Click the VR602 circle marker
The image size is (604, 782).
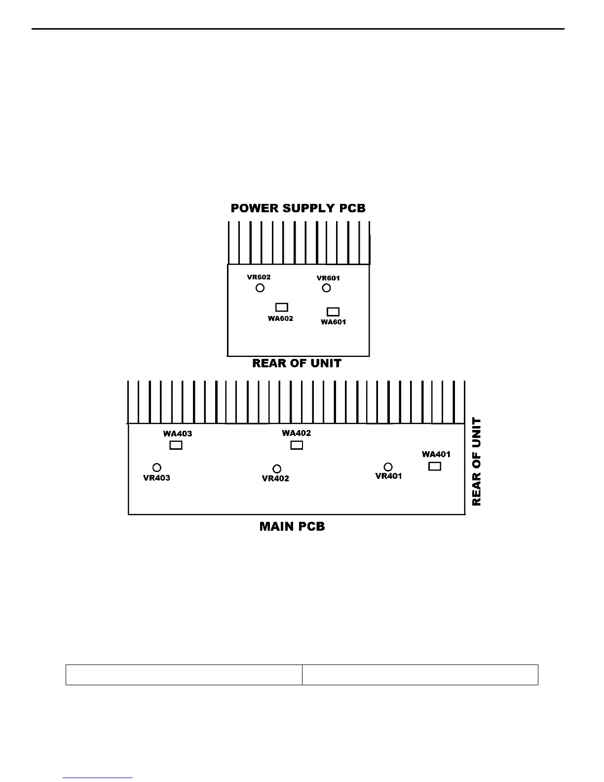pos(260,288)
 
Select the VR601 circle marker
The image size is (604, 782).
pos(326,288)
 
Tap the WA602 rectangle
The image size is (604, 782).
pos(281,307)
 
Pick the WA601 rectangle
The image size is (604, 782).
pos(333,312)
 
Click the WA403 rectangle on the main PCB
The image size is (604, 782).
pos(176,445)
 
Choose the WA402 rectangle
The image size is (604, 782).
pos(296,445)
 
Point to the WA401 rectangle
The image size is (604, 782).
pos(435,466)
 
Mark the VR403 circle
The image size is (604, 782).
pos(157,467)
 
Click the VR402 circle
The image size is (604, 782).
pos(277,468)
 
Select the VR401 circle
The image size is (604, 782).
pos(388,467)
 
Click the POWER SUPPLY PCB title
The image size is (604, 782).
pos(298,208)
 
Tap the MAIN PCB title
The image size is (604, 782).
pos(292,527)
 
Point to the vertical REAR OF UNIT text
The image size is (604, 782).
pos(476,462)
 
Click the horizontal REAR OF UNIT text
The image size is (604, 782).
pos(297,363)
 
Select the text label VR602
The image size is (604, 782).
pos(259,277)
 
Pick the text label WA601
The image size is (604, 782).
pos(334,322)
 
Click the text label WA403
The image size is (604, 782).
pos(178,434)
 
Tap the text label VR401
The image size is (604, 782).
pos(388,476)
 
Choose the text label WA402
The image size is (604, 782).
pos(296,433)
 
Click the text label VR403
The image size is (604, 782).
pos(156,478)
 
